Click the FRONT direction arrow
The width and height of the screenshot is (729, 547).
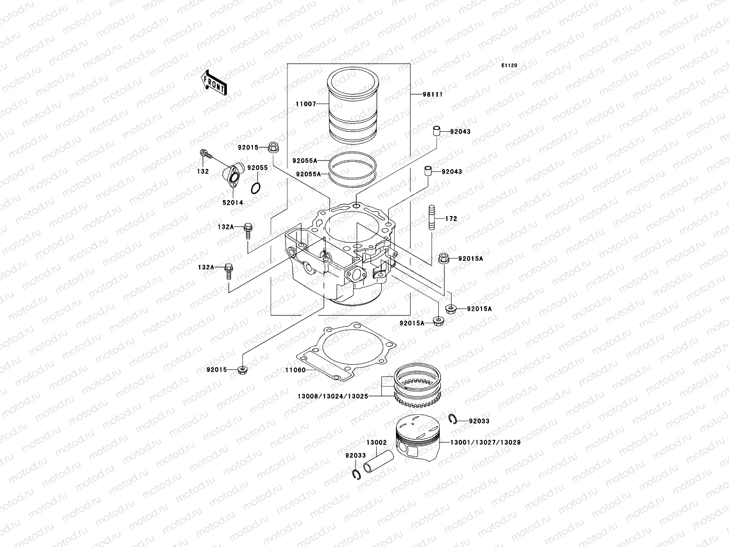coord(215,83)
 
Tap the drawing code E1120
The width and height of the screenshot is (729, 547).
coord(509,66)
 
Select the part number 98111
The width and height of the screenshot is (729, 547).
coord(432,94)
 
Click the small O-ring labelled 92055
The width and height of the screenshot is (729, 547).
coord(257,187)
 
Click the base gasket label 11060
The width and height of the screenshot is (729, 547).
coord(296,370)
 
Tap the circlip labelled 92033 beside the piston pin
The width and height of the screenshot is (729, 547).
coord(356,475)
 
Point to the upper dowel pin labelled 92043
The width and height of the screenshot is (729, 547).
coord(436,131)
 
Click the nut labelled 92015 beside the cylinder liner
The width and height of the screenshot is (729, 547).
coord(274,147)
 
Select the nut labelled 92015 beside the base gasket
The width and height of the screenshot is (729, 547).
coord(242,369)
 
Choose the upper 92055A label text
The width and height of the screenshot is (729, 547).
coord(305,161)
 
